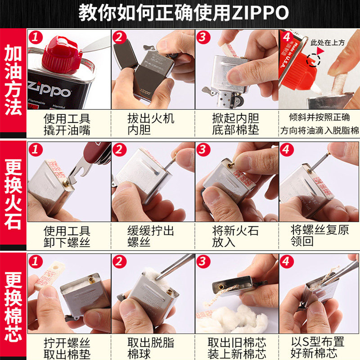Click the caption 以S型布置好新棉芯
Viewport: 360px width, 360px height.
coord(319,347)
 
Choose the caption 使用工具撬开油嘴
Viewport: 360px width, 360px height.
coord(67,125)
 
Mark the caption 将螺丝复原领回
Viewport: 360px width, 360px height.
coord(319,237)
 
